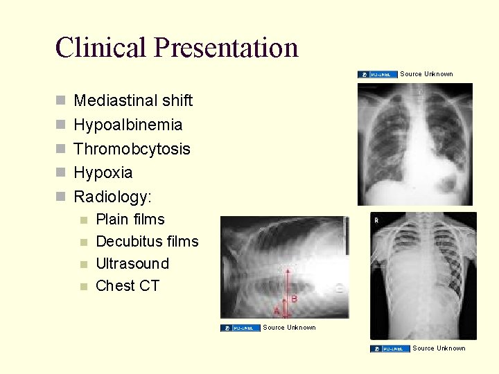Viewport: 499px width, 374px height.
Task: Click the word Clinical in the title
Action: (x=102, y=47)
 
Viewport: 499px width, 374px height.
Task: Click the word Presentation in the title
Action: (x=227, y=47)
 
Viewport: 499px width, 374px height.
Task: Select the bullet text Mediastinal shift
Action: (x=133, y=100)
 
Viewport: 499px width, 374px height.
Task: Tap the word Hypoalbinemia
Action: (x=128, y=125)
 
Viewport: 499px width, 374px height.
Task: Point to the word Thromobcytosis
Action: (x=132, y=149)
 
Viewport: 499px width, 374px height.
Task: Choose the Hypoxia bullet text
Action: (x=103, y=172)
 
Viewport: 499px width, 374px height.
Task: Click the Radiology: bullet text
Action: (x=112, y=197)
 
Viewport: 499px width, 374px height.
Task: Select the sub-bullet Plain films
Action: (x=130, y=220)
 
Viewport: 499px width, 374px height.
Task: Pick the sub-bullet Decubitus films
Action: (x=147, y=242)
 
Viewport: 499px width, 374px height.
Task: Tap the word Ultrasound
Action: (x=132, y=264)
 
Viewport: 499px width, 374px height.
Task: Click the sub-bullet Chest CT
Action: (x=128, y=286)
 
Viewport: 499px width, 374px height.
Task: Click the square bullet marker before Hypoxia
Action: (x=60, y=173)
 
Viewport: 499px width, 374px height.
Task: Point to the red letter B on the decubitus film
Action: (x=295, y=299)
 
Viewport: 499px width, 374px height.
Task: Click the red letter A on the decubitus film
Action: (x=277, y=311)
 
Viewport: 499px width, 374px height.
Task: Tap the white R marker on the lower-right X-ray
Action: (x=376, y=220)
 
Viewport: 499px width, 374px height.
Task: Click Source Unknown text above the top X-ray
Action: (x=426, y=74)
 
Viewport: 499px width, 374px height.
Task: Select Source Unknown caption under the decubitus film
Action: (x=289, y=328)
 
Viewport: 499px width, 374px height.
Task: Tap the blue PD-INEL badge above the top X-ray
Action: (x=378, y=74)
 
